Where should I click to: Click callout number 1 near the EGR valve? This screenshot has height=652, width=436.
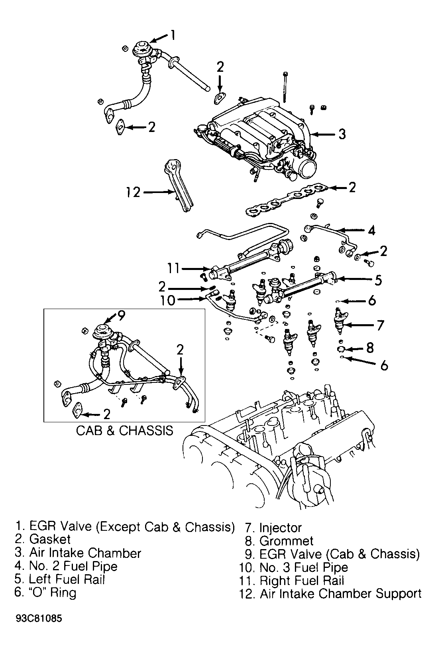coord(173,35)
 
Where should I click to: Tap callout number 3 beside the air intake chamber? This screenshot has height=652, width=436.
coord(342,134)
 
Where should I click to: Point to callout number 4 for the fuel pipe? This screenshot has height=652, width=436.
coord(371,230)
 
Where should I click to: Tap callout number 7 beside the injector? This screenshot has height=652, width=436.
coord(380,325)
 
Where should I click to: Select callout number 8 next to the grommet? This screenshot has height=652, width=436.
coord(369,348)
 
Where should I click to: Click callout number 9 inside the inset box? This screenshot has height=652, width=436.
coord(121,315)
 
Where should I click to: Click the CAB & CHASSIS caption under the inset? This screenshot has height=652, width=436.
coord(124,431)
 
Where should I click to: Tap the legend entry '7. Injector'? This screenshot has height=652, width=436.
coord(273,528)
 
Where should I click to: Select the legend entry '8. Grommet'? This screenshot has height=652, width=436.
coord(279,541)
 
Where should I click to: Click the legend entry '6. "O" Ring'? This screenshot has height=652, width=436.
coord(45,592)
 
